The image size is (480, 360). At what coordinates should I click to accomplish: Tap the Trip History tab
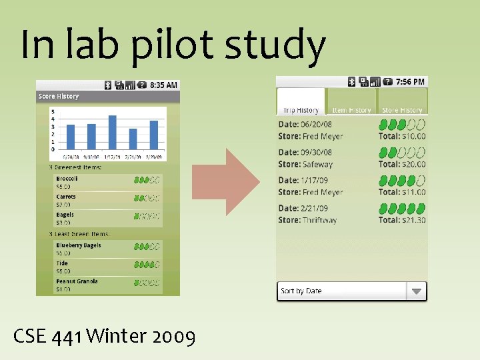pyautogui.click(x=301, y=110)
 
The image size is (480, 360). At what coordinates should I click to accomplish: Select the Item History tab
pyautogui.click(x=351, y=110)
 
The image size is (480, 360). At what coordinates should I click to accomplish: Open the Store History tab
pyautogui.click(x=402, y=110)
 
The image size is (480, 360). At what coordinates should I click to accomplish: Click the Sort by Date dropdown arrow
pyautogui.click(x=416, y=291)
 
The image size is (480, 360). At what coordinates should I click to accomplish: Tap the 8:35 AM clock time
pyautogui.click(x=163, y=85)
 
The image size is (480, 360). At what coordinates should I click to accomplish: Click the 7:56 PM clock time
pyautogui.click(x=410, y=82)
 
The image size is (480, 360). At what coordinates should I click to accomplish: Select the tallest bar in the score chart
pyautogui.click(x=113, y=131)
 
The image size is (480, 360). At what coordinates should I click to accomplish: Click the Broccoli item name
pyautogui.click(x=67, y=179)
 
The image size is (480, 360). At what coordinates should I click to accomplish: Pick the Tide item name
pyautogui.click(x=62, y=263)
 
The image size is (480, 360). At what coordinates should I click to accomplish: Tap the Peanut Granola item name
pyautogui.click(x=77, y=281)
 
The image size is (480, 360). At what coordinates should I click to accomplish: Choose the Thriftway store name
pyautogui.click(x=319, y=220)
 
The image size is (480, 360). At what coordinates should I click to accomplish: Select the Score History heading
pyautogui.click(x=59, y=97)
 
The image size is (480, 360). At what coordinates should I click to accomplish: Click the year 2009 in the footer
pyautogui.click(x=174, y=337)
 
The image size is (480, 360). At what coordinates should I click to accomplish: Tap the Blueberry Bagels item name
pyautogui.click(x=79, y=245)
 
